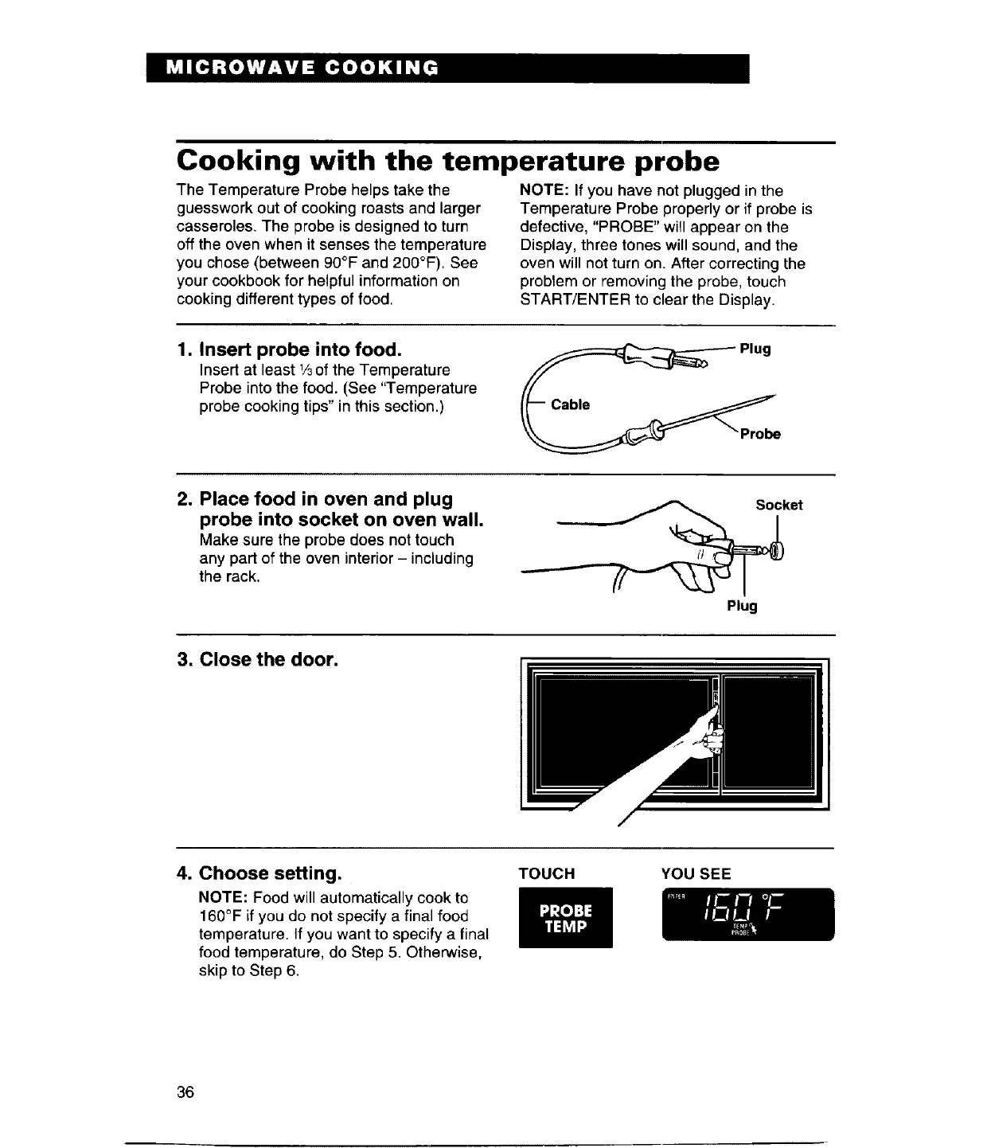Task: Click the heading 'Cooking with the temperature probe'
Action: coord(448,162)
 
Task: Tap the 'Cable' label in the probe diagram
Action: coord(570,405)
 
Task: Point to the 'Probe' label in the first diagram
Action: coord(760,434)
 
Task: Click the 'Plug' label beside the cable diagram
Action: coord(755,349)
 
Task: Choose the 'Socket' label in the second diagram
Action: coord(778,505)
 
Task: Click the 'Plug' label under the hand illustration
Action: coord(742,606)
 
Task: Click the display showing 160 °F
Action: coord(747,914)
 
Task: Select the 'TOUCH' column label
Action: coord(546,873)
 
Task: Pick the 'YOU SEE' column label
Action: coord(696,873)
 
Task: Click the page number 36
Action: coord(185,1091)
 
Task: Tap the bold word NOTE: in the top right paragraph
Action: coord(542,191)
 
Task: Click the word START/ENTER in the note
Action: coord(575,300)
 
